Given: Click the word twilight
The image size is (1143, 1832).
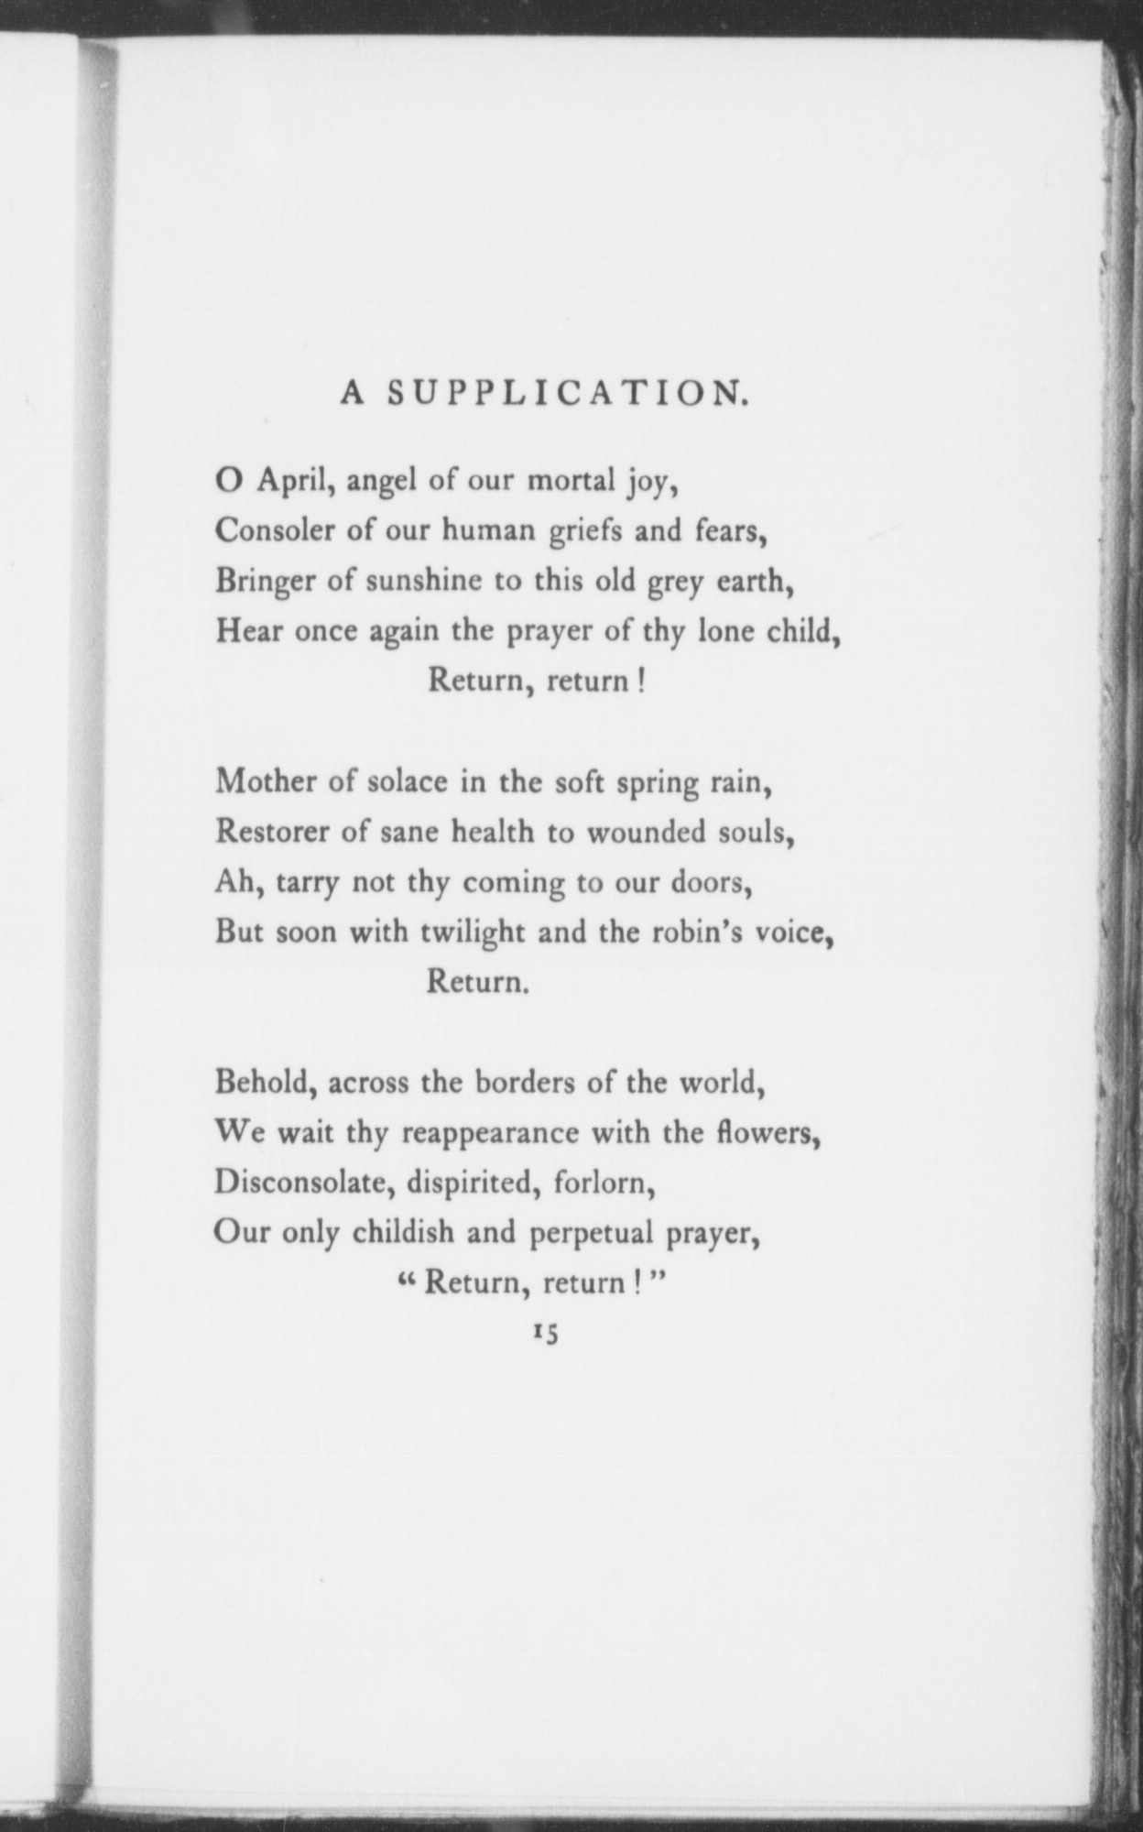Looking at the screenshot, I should (472, 933).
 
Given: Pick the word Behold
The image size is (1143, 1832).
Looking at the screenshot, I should (265, 1083).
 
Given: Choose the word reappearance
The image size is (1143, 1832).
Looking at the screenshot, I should (490, 1135).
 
